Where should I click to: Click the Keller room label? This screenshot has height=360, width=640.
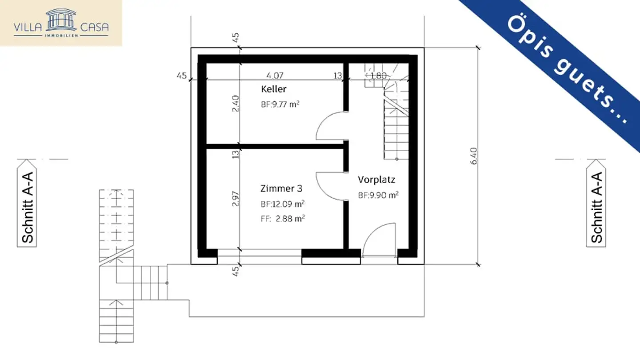click(x=274, y=89)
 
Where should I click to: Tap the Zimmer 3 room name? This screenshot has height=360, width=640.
click(x=281, y=188)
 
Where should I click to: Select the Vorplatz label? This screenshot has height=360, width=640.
click(x=376, y=180)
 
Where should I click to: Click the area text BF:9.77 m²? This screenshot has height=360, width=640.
click(x=280, y=105)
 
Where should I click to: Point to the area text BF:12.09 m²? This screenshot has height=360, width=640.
click(x=283, y=204)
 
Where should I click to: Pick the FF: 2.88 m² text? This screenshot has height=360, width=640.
click(x=283, y=218)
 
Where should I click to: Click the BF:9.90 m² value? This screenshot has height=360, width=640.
click(x=378, y=195)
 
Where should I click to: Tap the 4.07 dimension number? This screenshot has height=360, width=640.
click(x=275, y=75)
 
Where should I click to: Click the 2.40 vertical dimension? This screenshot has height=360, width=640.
click(x=236, y=104)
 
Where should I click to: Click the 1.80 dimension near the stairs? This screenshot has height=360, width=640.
click(x=379, y=75)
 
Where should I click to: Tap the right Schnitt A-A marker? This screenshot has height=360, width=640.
click(x=597, y=207)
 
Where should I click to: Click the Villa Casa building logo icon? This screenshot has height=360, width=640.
click(x=61, y=18)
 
